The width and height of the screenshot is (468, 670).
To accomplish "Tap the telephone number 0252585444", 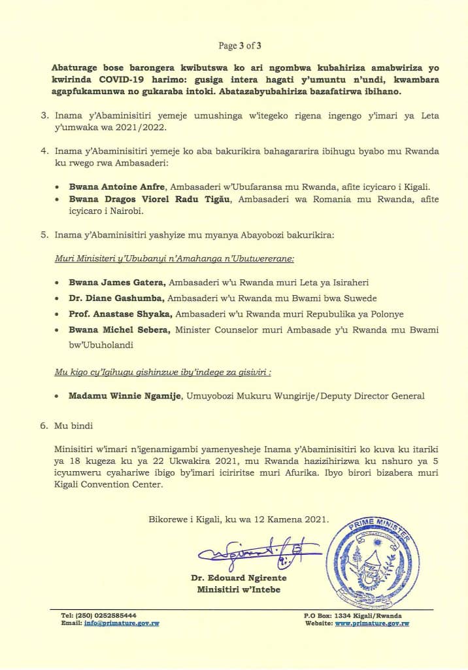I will coord(112,616).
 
